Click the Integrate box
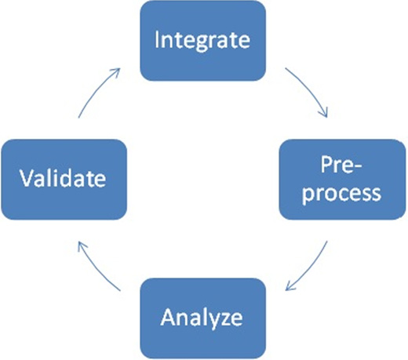[x=203, y=41]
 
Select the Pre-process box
[x=342, y=180]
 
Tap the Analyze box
[x=203, y=318]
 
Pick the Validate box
[x=64, y=180]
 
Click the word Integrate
[x=202, y=41]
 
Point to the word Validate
[x=63, y=178]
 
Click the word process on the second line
[x=341, y=195]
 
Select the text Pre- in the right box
[x=341, y=165]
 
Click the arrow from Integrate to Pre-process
[x=310, y=89]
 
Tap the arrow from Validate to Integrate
[x=96, y=89]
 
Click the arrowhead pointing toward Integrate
[x=116, y=71]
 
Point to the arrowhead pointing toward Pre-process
[x=324, y=114]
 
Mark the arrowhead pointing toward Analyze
[x=289, y=287]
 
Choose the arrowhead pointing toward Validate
[x=82, y=245]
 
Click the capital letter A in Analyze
[x=168, y=317]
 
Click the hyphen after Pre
[x=357, y=167]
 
